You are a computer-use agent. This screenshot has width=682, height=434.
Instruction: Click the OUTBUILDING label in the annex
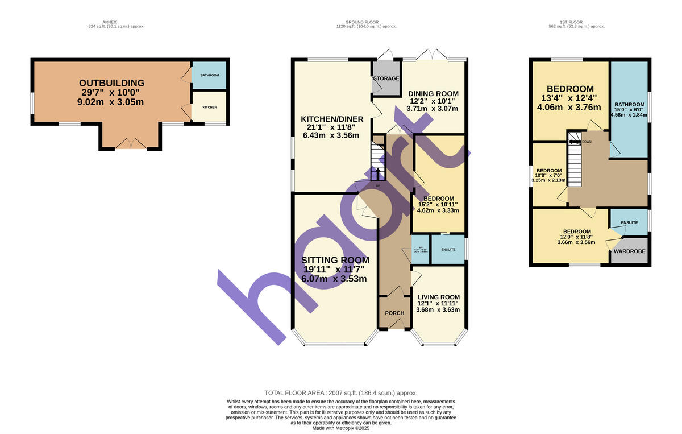pos(111,83)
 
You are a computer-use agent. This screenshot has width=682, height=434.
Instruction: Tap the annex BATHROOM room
pos(209,75)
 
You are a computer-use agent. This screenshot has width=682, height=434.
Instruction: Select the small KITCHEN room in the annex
pos(209,107)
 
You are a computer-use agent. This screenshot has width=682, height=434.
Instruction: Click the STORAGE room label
pos(386,78)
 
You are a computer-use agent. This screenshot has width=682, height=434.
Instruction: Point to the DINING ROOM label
pos(433,94)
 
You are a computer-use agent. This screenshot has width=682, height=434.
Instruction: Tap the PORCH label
pos(394,313)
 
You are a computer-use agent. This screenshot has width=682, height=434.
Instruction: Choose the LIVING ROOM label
pos(438,297)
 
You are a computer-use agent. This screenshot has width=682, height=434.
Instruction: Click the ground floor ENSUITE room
pos(447,250)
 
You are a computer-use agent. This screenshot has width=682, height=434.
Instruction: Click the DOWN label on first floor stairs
pos(587,142)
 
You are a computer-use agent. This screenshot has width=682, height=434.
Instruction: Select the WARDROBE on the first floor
pos(629,251)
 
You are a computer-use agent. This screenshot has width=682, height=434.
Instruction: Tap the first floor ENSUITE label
pos(629,222)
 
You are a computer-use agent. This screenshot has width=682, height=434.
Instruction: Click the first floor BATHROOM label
pos(629,105)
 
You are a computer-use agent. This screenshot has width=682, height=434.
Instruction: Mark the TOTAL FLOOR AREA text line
pos(341,393)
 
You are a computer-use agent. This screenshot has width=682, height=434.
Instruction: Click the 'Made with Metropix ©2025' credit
pos(341,428)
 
